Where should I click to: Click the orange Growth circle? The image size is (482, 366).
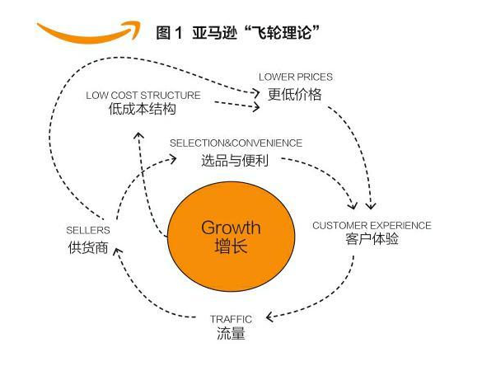point(232,237)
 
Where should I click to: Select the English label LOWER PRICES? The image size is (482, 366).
point(296,77)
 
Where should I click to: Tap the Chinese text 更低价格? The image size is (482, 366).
point(295,94)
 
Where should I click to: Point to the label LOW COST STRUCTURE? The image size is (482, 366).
point(143,96)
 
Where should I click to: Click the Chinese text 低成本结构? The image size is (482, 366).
point(143,109)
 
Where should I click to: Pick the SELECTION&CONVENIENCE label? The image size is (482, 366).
point(236,143)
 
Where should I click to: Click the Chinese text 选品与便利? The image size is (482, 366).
point(235,161)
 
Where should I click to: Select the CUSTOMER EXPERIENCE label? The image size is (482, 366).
point(372,225)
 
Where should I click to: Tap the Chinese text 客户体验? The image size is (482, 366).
point(372,239)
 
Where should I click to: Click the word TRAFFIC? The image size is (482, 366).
point(232,319)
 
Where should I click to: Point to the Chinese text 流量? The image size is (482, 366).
point(232,333)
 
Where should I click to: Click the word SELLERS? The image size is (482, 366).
point(88,230)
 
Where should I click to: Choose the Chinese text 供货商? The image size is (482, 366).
point(88,247)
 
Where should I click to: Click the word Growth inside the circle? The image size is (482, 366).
point(232,228)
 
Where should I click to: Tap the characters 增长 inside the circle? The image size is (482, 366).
point(232,246)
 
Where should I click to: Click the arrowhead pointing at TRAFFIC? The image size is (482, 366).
point(270,317)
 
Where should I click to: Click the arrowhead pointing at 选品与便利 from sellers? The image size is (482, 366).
point(173,159)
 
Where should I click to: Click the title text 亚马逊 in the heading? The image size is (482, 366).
point(215,33)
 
